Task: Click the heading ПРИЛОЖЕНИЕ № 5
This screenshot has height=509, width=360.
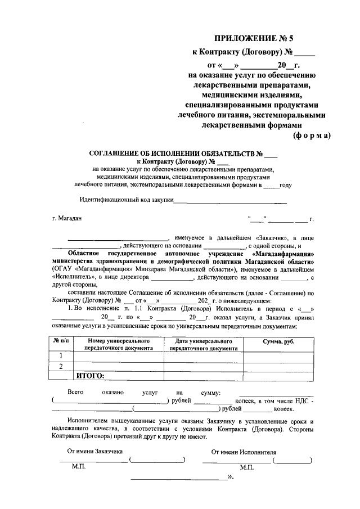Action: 254,39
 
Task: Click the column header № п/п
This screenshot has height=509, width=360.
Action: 60,341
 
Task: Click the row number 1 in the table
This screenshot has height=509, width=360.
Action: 60,356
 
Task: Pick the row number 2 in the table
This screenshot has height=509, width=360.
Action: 60,367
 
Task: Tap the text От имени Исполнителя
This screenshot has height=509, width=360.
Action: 244,451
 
